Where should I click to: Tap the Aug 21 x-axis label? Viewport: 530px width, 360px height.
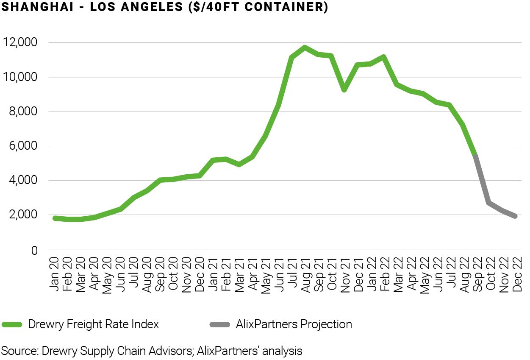[305, 273]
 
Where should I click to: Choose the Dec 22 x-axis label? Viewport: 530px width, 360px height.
[516, 273]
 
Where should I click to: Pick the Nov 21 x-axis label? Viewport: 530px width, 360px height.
[345, 273]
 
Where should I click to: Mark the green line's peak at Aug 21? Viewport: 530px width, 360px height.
[305, 47]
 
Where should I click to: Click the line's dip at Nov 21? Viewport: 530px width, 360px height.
[344, 90]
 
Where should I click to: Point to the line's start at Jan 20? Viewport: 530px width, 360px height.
[55, 218]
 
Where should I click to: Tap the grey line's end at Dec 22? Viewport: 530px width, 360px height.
[516, 216]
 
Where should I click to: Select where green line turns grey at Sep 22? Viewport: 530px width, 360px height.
[476, 156]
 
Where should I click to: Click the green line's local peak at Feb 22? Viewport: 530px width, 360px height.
[384, 57]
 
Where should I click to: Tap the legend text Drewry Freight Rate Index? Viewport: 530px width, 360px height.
[93, 325]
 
